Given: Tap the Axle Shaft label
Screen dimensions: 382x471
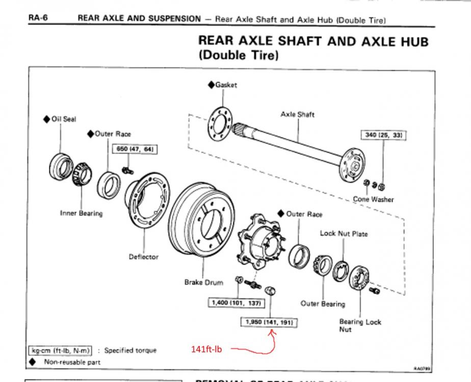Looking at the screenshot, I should coord(297,115).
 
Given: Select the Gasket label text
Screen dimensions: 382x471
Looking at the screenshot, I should coord(226,85).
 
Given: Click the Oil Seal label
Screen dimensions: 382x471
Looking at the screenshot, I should coord(63,119).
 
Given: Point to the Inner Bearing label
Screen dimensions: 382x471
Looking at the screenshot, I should coord(81,213).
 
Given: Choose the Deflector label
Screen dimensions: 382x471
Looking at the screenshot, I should coord(143,257).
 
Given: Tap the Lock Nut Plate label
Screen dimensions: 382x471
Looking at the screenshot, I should coord(344,234).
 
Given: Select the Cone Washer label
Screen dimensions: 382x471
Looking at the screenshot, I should coord(373,199).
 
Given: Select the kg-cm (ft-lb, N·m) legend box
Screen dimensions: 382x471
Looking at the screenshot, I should coord(60,350).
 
